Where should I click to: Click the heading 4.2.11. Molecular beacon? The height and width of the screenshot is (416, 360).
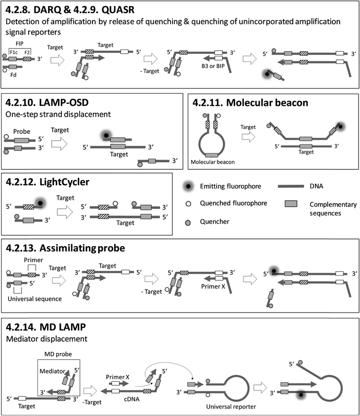click(x=250, y=103)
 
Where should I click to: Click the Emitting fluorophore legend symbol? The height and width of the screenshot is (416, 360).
click(x=190, y=188)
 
